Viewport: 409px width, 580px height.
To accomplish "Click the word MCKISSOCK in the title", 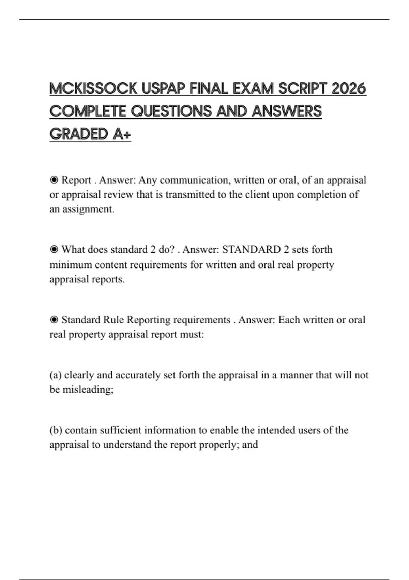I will [x=93, y=89].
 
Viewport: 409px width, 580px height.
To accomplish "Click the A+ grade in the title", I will [x=122, y=134].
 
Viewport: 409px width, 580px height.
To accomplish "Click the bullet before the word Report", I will [x=54, y=180].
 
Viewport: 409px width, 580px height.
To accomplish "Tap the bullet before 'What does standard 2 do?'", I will [x=54, y=250].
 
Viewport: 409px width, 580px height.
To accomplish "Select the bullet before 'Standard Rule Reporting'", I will [x=54, y=320].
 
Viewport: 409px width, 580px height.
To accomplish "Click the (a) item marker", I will [x=55, y=375].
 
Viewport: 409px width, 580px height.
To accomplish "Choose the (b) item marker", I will [x=56, y=430].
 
